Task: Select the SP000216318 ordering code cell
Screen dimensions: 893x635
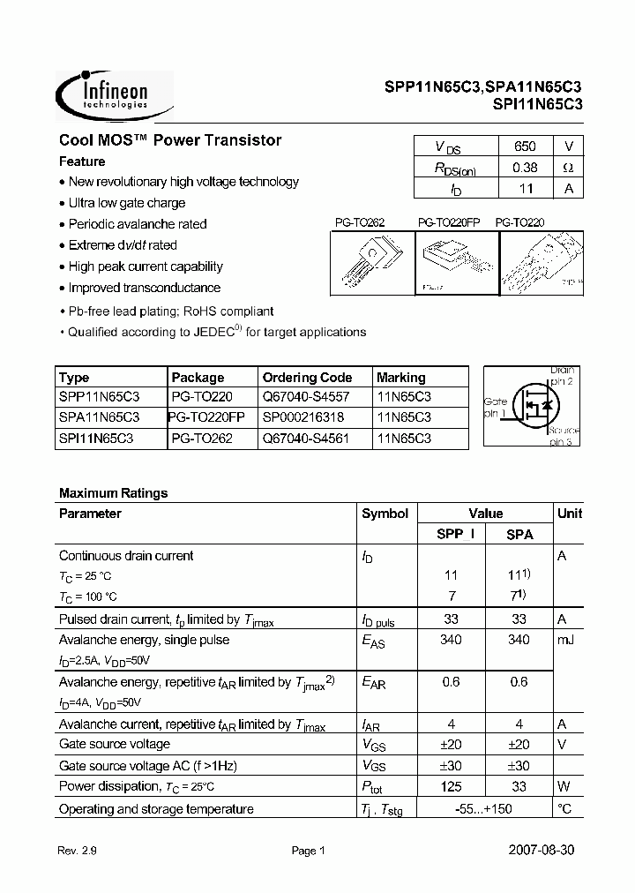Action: coord(303,416)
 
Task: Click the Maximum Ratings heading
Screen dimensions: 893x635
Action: coord(113,493)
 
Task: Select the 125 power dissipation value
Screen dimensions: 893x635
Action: coord(451,785)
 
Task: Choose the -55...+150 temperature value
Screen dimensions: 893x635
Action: coord(485,808)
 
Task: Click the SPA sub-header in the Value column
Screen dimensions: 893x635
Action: coord(519,535)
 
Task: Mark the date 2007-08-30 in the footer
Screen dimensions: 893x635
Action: coord(546,851)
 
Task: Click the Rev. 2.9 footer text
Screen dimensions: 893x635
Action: coord(78,851)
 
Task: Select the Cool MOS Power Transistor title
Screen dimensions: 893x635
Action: coord(170,140)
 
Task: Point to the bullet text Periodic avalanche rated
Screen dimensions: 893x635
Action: coord(138,224)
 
